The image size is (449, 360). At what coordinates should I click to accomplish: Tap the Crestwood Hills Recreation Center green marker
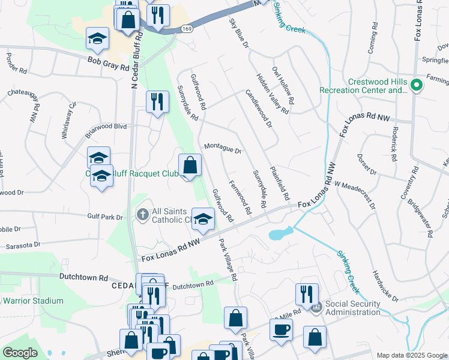(x=415, y=86)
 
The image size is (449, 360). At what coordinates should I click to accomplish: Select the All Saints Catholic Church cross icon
(x=143, y=214)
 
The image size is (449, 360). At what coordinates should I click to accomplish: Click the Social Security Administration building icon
(x=317, y=307)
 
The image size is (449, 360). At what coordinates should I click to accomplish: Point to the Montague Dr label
(x=222, y=148)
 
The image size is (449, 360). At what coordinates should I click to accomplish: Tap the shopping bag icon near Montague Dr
(x=190, y=164)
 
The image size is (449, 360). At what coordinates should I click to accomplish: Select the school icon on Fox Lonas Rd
(x=203, y=219)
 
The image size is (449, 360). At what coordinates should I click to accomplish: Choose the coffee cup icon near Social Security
(x=281, y=329)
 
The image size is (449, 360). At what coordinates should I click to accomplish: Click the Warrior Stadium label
(x=32, y=301)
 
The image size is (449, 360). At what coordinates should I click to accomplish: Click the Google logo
(x=20, y=353)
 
